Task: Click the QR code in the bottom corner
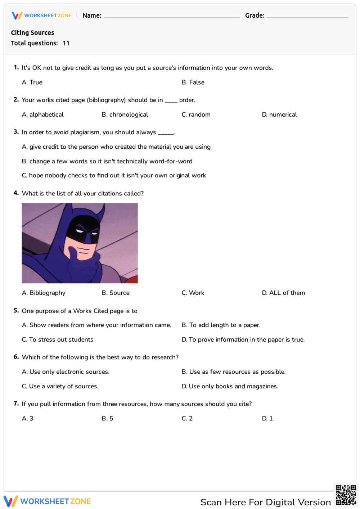tap(346, 495)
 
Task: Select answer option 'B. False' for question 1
tap(193, 82)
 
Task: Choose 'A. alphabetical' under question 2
tap(43, 114)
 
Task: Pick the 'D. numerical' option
tap(279, 114)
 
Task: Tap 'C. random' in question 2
tap(196, 114)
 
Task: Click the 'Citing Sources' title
tap(32, 33)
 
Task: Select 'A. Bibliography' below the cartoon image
tap(44, 293)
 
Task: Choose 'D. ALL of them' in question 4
tap(283, 293)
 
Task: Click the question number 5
tap(16, 311)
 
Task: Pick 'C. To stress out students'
tap(58, 339)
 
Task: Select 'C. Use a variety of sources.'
tap(60, 386)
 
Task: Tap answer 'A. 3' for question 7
tap(28, 418)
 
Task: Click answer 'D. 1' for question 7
tap(267, 418)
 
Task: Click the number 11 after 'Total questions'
tap(66, 43)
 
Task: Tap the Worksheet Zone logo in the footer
tap(47, 501)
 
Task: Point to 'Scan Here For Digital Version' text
tap(265, 502)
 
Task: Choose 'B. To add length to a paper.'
tap(221, 325)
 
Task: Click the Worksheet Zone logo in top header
tap(42, 15)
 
